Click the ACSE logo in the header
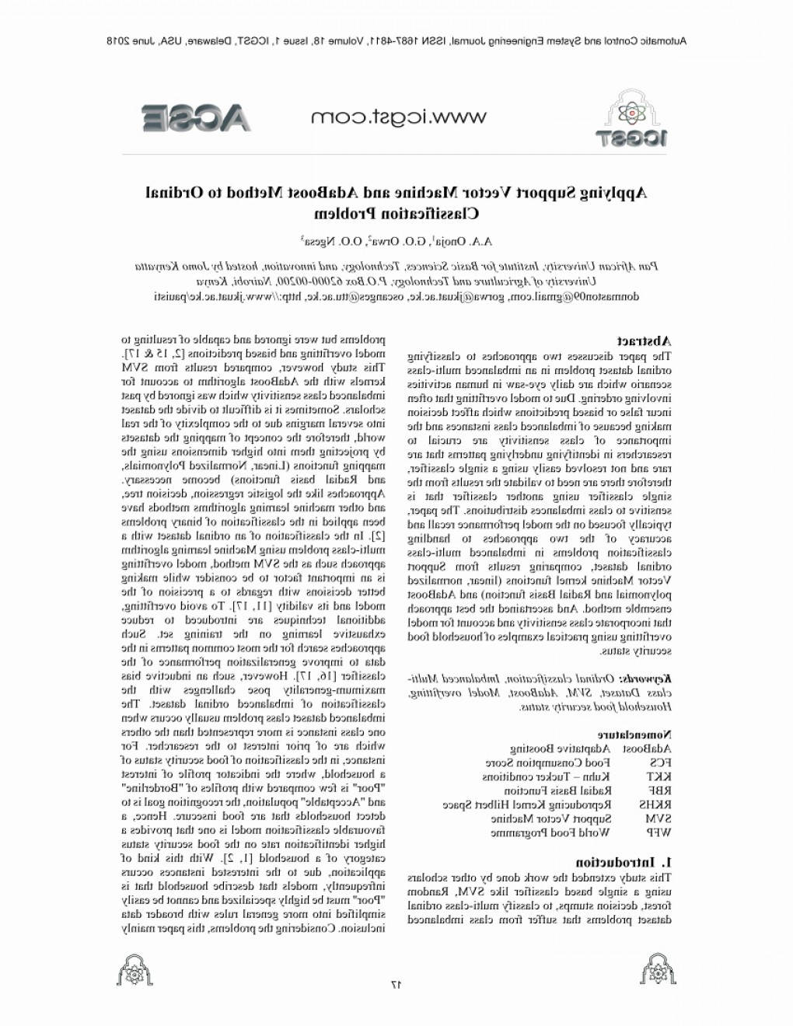(x=196, y=117)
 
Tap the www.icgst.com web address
(x=398, y=117)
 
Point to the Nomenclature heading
(x=634, y=733)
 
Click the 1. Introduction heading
(x=624, y=862)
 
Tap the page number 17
(x=395, y=984)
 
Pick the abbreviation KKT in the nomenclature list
(x=659, y=776)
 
